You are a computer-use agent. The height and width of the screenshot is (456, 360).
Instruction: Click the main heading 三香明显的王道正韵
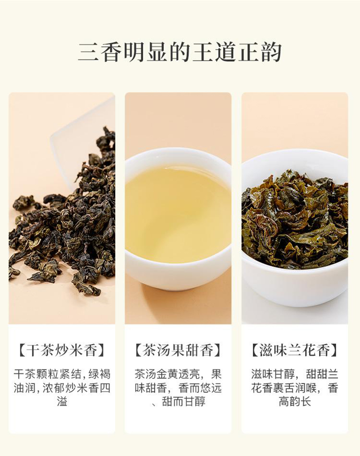180,53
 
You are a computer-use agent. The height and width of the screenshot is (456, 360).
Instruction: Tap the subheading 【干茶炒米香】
62,350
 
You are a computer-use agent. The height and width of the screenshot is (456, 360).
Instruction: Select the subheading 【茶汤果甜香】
178,350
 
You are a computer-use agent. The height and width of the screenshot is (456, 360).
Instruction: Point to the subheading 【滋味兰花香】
295,350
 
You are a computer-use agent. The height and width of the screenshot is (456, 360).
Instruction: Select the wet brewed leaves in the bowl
295,221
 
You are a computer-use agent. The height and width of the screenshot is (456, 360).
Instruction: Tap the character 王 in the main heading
203,53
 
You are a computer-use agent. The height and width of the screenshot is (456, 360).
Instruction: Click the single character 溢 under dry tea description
62,402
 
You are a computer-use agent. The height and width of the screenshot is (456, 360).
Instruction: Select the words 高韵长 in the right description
295,402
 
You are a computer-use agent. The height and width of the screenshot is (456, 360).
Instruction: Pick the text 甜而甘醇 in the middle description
184,402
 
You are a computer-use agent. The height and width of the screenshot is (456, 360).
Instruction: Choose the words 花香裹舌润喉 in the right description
283,388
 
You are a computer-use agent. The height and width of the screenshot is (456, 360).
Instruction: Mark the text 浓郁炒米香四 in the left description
76,388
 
